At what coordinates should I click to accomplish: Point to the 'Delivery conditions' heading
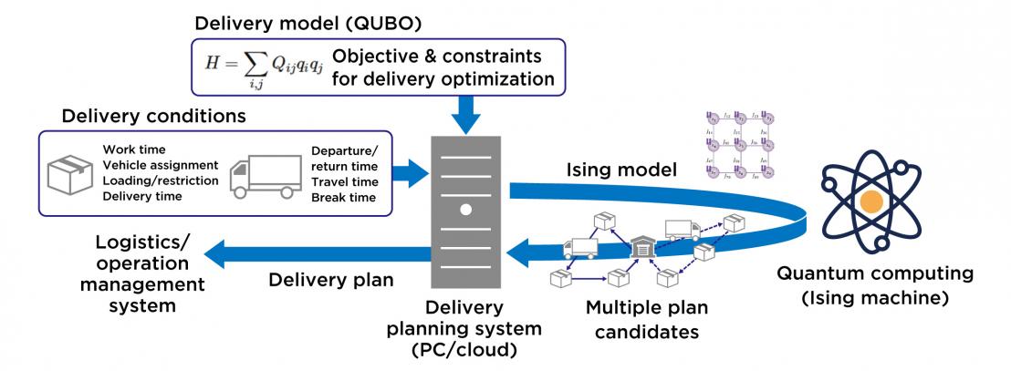pyautogui.click(x=153, y=118)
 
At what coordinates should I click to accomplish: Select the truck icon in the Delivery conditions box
pyautogui.click(x=266, y=176)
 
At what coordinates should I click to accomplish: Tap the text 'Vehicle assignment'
pyautogui.click(x=160, y=165)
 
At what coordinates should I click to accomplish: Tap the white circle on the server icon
pyautogui.click(x=465, y=209)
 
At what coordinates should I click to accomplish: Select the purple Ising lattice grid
pyautogui.click(x=740, y=143)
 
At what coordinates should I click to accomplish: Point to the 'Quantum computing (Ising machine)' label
pyautogui.click(x=874, y=285)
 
